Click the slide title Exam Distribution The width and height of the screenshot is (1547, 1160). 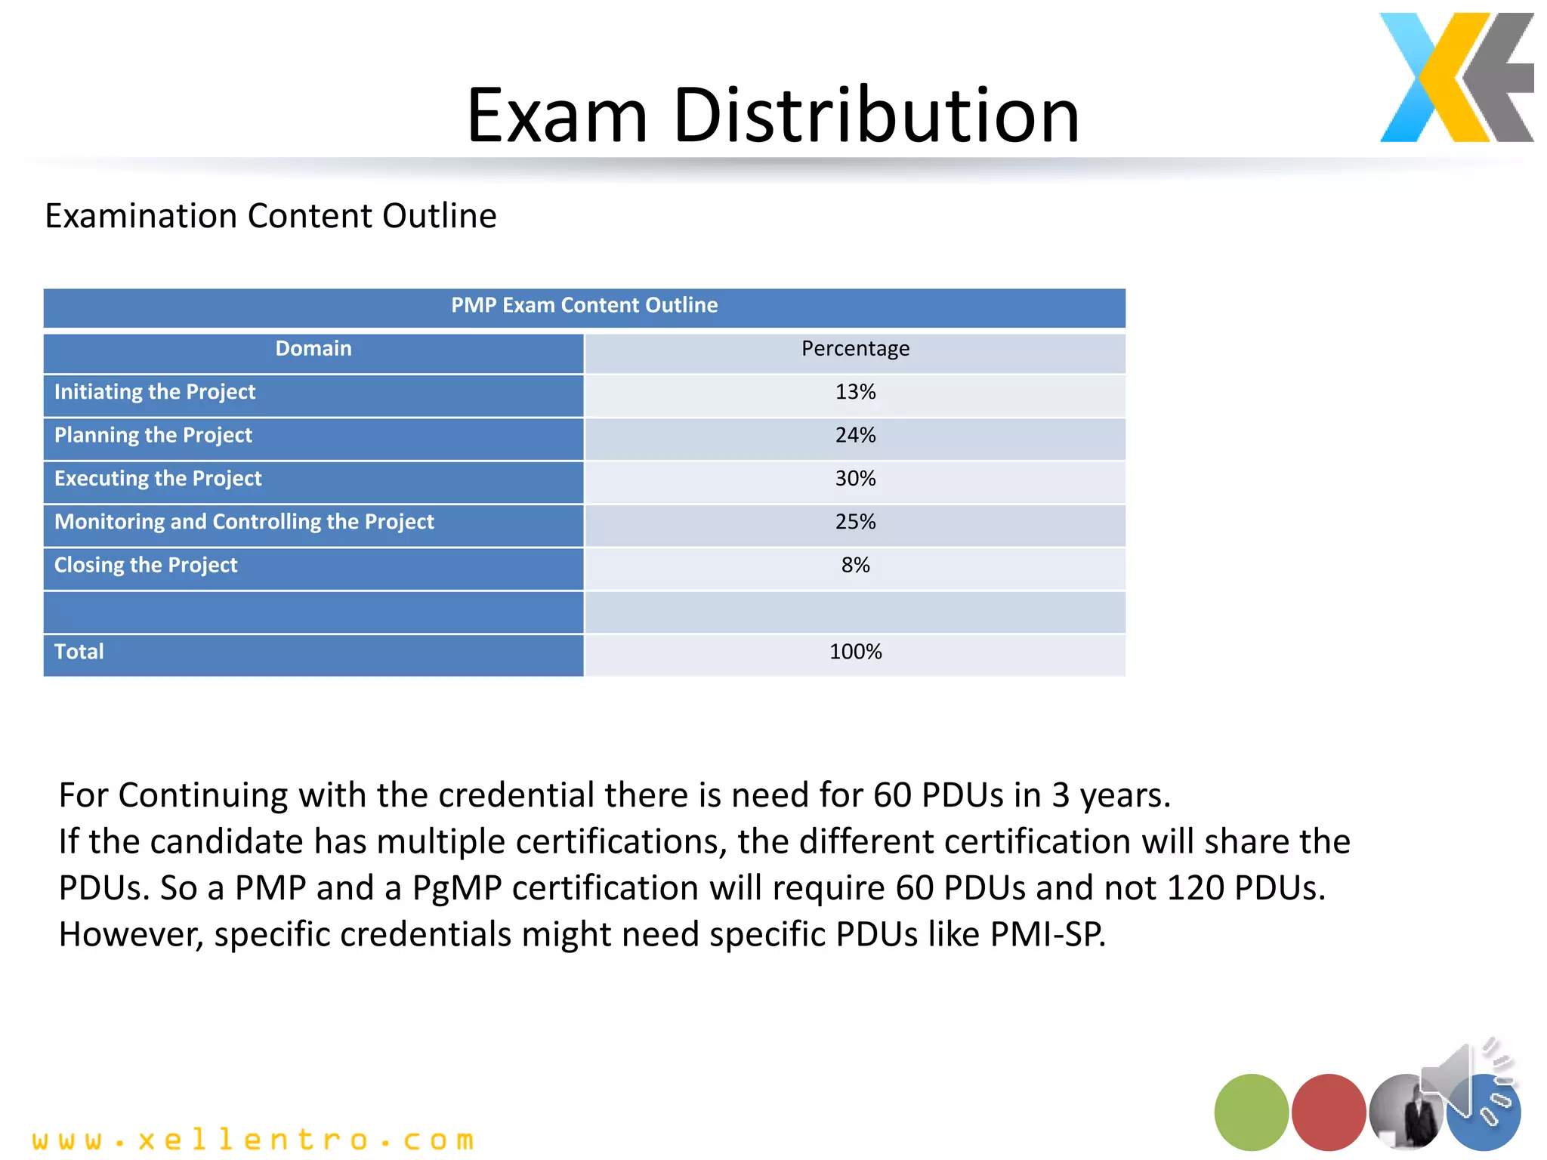tap(773, 116)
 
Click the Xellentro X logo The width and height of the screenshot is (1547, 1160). tap(1456, 78)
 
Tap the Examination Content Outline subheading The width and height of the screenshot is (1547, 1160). tap(270, 216)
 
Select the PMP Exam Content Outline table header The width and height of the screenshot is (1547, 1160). tap(584, 306)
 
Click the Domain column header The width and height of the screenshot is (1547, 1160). tap(313, 349)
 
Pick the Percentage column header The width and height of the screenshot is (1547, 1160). tap(855, 349)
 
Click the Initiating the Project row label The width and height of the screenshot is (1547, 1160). tap(155, 392)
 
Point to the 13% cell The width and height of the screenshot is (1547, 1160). tap(855, 392)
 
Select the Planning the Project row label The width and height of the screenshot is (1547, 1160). tap(153, 436)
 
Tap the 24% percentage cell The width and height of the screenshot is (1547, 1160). tap(855, 436)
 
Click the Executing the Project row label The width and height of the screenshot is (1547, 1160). tap(158, 479)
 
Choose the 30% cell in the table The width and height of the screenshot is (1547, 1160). tap(855, 479)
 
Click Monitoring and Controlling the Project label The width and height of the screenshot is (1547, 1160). tap(244, 522)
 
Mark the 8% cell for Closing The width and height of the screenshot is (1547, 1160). tap(855, 566)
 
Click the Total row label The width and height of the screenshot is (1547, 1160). tap(79, 652)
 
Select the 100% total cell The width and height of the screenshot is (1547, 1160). tap(855, 652)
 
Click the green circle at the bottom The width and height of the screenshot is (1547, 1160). tap(1251, 1112)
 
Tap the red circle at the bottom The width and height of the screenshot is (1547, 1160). tap(1328, 1112)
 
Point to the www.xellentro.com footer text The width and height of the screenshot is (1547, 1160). tap(253, 1140)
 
